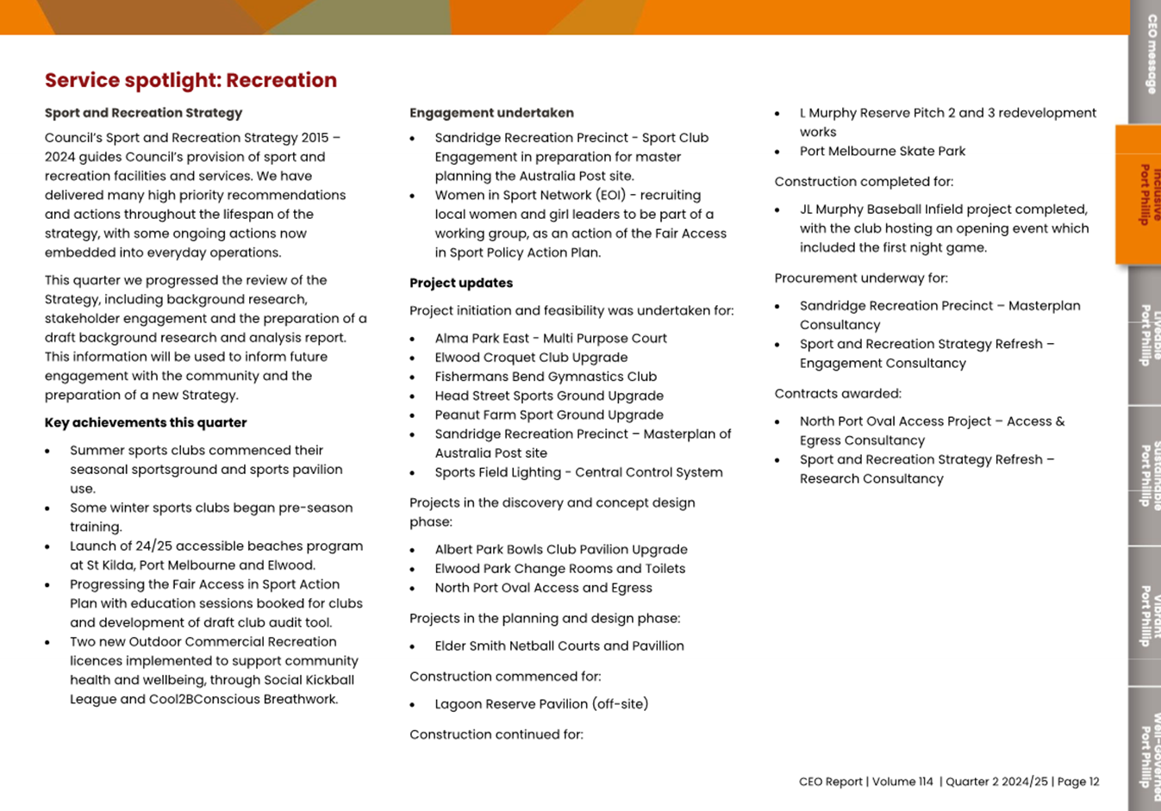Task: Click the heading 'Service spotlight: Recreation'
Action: (x=190, y=80)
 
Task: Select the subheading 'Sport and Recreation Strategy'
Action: (x=143, y=113)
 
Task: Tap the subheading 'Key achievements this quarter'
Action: (x=146, y=422)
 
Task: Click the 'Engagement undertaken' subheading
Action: (x=491, y=113)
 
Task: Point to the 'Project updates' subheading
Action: (x=461, y=283)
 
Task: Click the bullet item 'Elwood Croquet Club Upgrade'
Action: (x=531, y=358)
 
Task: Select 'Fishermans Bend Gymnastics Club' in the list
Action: (x=546, y=377)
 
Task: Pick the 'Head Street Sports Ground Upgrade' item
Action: (x=549, y=396)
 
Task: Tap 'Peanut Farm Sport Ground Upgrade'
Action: (x=549, y=415)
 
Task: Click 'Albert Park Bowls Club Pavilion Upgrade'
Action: (x=561, y=550)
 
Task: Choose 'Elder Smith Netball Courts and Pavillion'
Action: (x=559, y=646)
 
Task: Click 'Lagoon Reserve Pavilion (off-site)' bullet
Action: (x=541, y=704)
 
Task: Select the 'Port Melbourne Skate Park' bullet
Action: (x=883, y=151)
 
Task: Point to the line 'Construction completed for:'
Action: (x=864, y=182)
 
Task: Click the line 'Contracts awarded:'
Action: (x=838, y=394)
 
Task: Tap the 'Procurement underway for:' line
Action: (x=861, y=278)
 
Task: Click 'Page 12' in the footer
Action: (x=1078, y=782)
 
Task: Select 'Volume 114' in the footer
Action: (x=902, y=782)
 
